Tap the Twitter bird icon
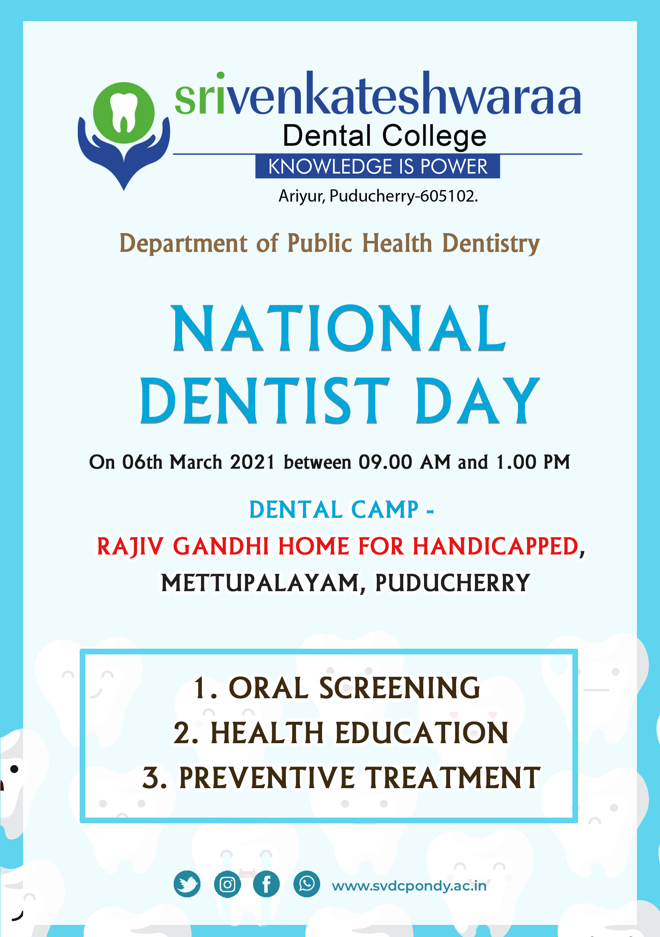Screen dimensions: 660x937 tap(187, 884)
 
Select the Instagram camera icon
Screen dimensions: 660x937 tap(227, 884)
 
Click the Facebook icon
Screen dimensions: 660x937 tap(266, 884)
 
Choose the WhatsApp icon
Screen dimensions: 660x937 tap(306, 884)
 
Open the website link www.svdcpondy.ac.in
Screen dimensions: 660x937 tap(409, 886)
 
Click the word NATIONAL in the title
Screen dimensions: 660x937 tap(339, 329)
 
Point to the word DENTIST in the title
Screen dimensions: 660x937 tap(265, 400)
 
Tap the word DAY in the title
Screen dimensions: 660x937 tap(477, 400)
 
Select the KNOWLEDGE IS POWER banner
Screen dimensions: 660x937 tap(377, 166)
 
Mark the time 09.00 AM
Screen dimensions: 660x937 tap(404, 462)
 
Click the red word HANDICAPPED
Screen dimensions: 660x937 tap(496, 546)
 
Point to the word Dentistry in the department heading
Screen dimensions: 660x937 tap(491, 244)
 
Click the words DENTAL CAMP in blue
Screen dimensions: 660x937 tap(334, 510)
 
